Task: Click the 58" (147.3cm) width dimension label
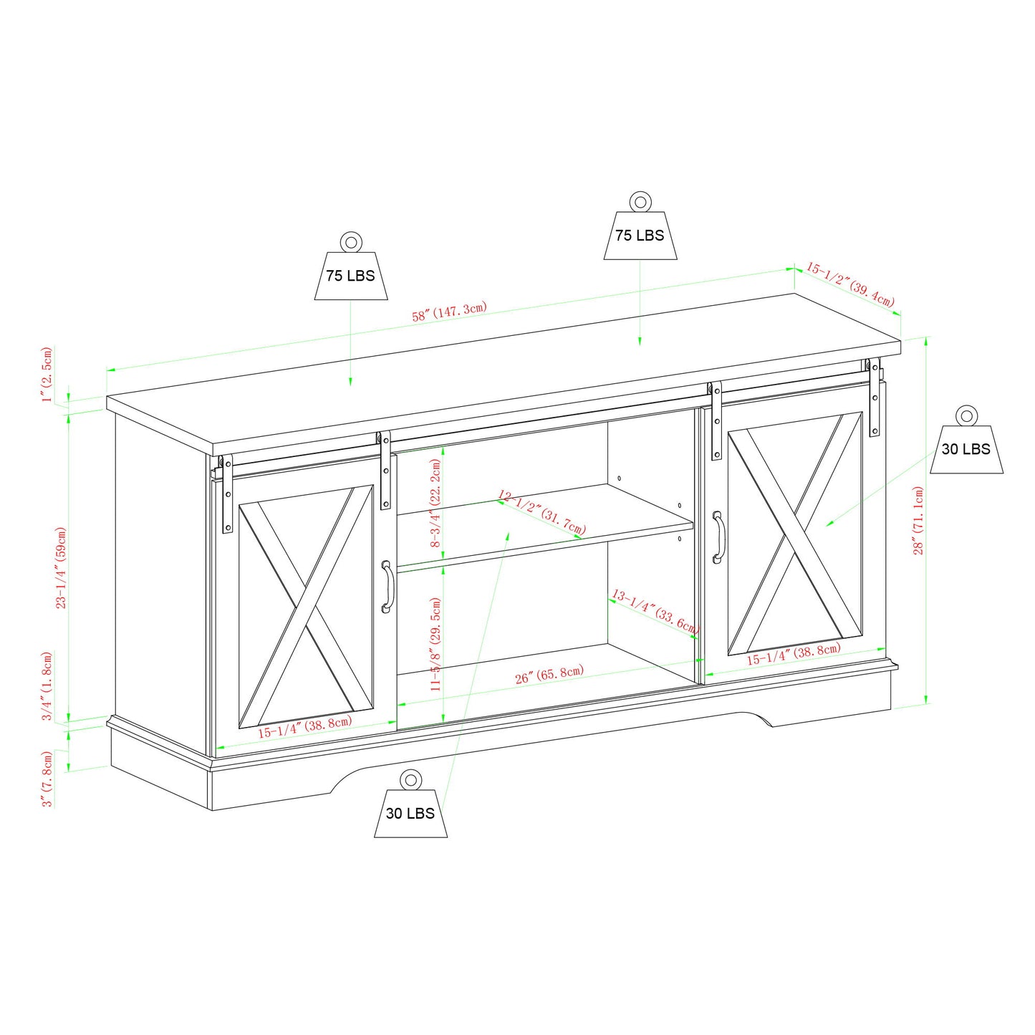449,312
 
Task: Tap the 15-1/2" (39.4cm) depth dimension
850,284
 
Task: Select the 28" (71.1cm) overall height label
918,521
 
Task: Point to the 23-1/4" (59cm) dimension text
61,568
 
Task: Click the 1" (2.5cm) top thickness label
47,375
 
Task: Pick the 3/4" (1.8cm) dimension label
47,686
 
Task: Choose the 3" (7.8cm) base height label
47,779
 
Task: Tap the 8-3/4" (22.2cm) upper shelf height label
435,504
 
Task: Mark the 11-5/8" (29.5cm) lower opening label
435,644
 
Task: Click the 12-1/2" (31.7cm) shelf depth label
541,512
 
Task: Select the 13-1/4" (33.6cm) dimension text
655,611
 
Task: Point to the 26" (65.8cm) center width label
549,674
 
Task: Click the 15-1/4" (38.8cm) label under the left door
304,727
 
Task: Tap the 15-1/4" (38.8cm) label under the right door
794,654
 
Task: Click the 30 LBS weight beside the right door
966,450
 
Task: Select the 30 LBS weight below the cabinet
410,813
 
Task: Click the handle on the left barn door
387,587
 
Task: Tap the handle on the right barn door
718,536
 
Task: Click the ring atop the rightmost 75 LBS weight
640,201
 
